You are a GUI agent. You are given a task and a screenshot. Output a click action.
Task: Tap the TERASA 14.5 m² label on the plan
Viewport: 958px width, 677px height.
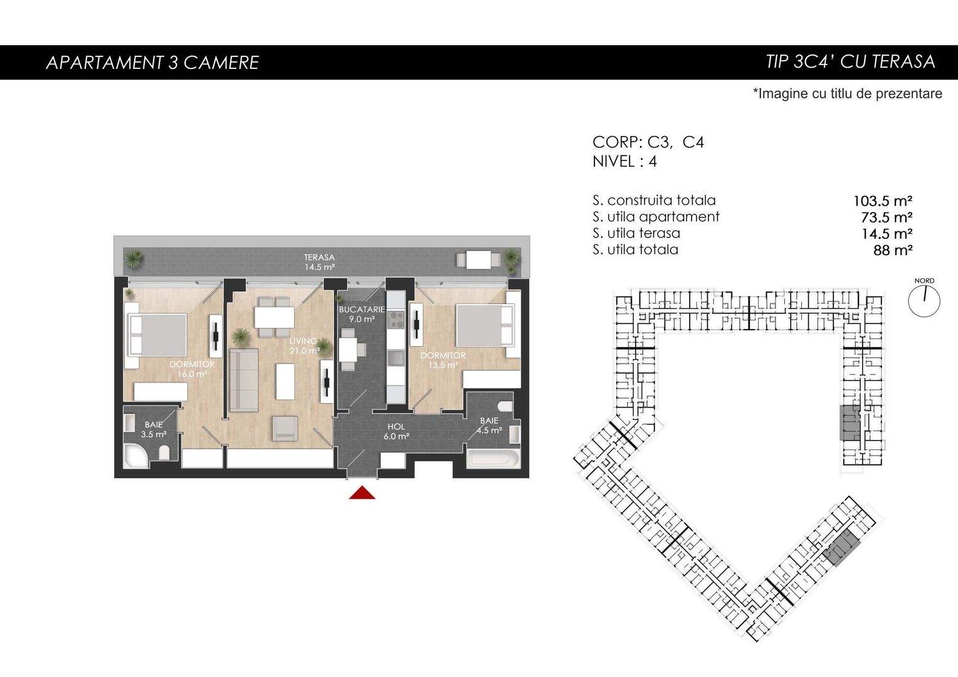tap(320, 262)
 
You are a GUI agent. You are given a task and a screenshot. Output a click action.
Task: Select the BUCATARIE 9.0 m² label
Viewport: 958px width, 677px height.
tap(362, 314)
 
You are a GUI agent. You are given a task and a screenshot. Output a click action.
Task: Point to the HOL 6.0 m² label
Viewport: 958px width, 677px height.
tap(396, 431)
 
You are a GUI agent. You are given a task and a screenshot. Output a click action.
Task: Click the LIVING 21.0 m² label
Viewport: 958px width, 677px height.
tap(304, 346)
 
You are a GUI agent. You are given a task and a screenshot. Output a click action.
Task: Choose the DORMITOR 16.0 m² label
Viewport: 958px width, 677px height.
tap(192, 369)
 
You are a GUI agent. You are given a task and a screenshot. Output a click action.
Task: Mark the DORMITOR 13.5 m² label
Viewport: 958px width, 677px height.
tap(443, 360)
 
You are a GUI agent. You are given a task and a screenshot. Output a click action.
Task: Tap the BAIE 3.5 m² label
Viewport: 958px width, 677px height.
tap(154, 429)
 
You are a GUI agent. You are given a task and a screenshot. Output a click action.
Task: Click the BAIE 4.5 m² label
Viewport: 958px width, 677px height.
tap(489, 426)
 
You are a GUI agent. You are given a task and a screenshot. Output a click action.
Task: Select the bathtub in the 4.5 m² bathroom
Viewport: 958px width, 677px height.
tap(494, 458)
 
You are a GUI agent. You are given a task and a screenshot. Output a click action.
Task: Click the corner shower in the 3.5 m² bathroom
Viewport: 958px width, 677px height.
tap(136, 456)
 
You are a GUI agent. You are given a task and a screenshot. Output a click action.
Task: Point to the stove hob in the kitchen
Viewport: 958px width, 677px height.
tap(396, 320)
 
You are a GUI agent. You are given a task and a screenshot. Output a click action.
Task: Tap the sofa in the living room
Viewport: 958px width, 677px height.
tap(244, 380)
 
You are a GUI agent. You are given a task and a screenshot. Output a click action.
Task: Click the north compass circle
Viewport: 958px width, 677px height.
tap(924, 302)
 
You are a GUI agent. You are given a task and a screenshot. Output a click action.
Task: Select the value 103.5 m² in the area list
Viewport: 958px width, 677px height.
tap(883, 201)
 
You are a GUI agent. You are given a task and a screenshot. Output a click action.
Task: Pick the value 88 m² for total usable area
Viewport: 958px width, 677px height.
tap(893, 249)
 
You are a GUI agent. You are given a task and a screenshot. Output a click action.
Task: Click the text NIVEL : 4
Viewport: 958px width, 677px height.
tap(624, 161)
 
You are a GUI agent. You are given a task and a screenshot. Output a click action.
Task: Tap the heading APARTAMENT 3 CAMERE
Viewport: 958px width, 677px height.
tap(152, 63)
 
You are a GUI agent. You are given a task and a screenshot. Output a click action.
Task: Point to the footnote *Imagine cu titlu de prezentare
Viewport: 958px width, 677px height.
tap(847, 93)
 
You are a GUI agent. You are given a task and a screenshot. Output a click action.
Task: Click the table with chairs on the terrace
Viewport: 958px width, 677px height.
tap(478, 260)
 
